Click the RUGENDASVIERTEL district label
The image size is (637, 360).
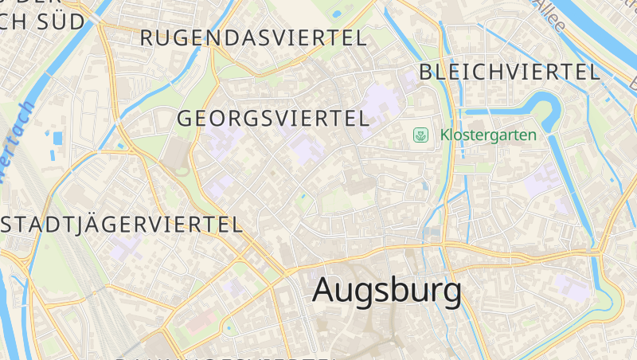click(253, 37)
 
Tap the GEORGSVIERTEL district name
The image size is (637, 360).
click(274, 119)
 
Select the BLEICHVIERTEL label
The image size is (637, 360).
click(509, 72)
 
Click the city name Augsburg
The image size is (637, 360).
click(386, 291)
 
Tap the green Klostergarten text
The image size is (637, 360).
click(488, 135)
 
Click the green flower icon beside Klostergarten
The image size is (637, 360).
click(420, 135)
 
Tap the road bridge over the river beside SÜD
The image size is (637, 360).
click(100, 25)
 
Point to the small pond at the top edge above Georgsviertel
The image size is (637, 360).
click(336, 13)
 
